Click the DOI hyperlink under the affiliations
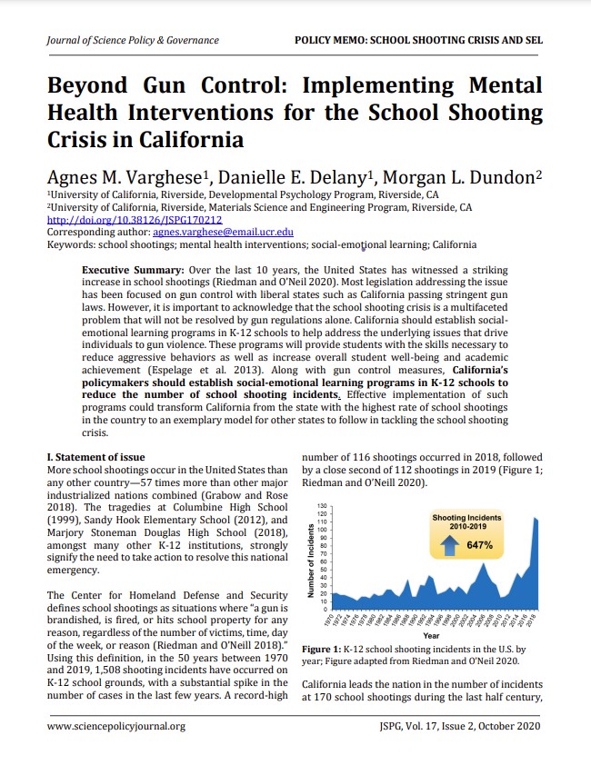134,220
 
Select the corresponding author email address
223,233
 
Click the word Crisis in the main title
89,141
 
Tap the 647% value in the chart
479,546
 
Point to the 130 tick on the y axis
322,505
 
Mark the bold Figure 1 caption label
320,651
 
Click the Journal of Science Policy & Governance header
133,40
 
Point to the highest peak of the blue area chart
536,518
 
